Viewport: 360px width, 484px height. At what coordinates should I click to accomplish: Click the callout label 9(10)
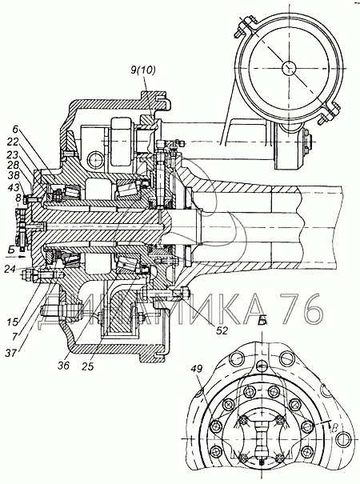143,70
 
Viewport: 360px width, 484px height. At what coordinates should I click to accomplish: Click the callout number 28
13,165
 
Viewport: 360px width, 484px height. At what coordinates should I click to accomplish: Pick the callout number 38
13,176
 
